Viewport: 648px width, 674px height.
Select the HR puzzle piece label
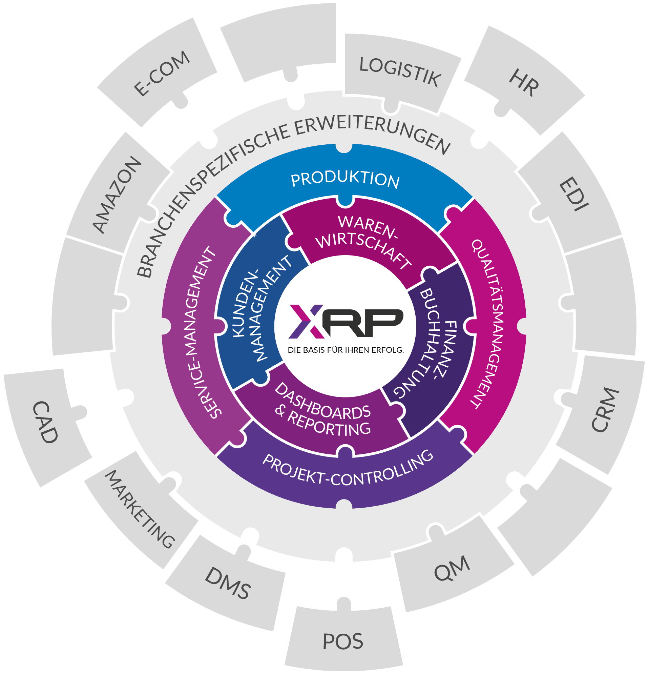[524, 83]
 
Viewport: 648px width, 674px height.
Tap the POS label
[343, 641]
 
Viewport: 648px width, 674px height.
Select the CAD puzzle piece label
[45, 422]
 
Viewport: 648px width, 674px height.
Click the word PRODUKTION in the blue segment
[345, 180]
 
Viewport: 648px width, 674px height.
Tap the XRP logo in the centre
[346, 321]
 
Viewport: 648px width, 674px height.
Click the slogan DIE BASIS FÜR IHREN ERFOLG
[346, 350]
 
